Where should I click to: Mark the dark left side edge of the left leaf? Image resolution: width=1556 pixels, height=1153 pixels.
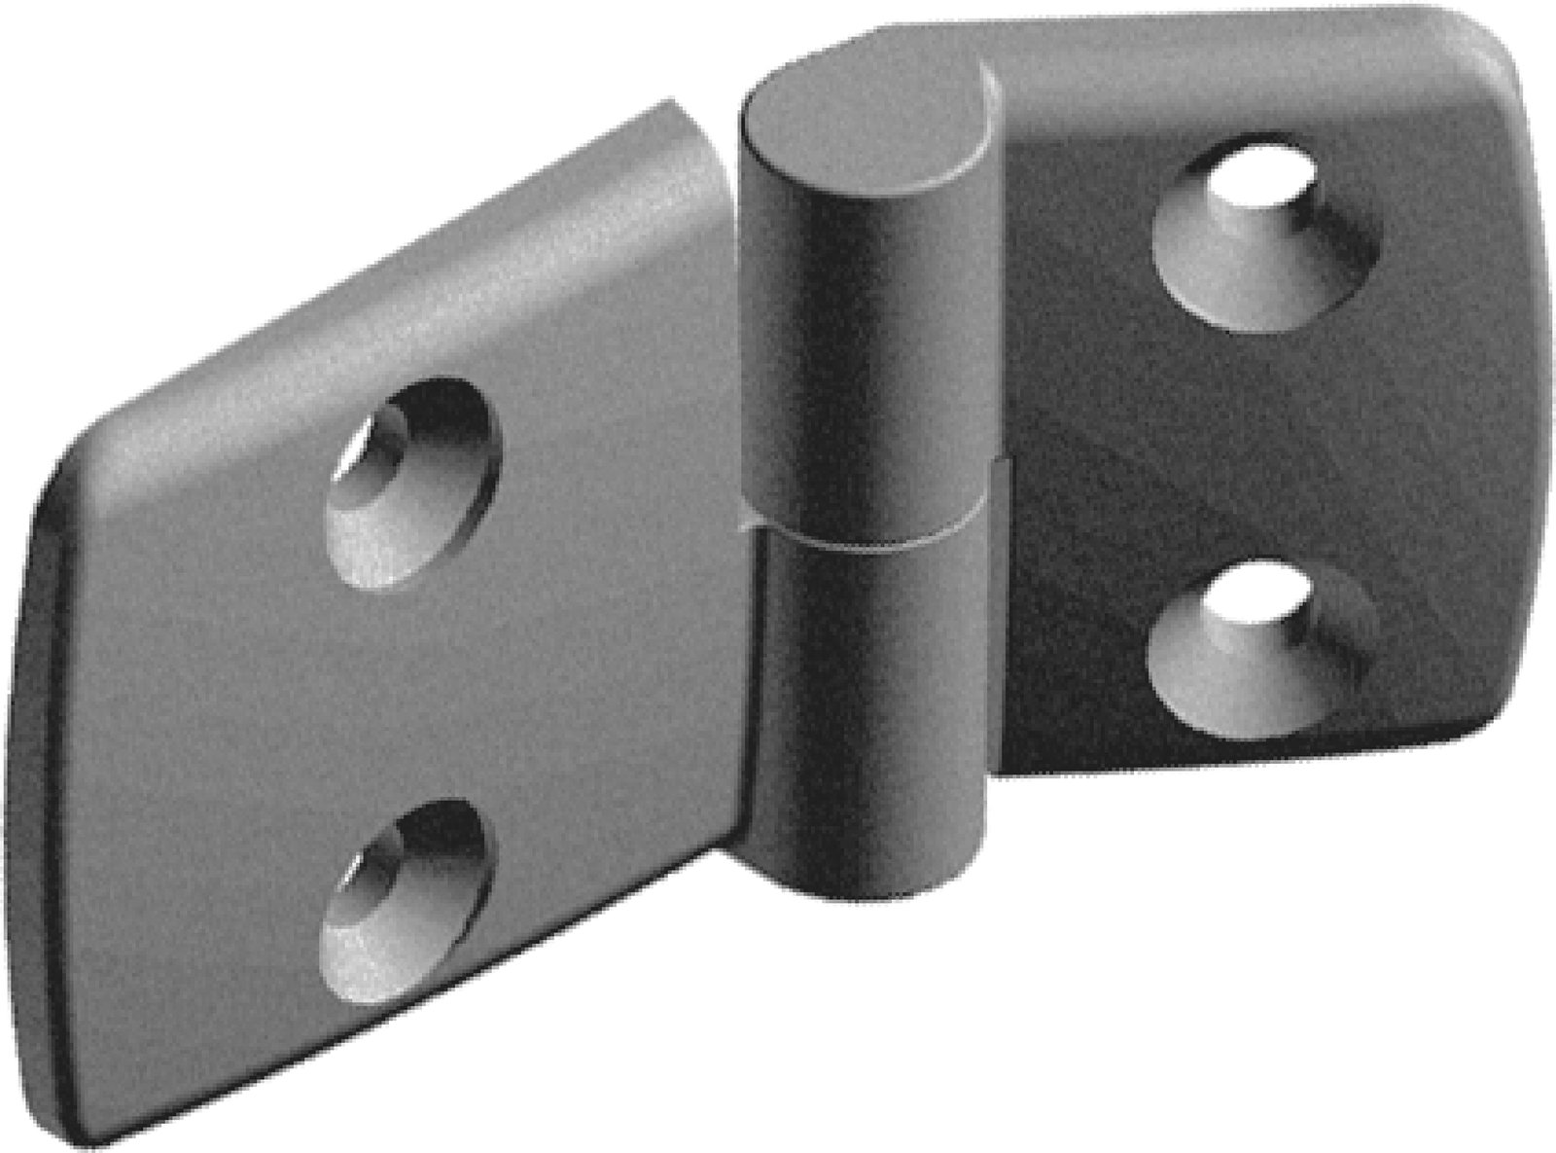(x=34, y=778)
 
